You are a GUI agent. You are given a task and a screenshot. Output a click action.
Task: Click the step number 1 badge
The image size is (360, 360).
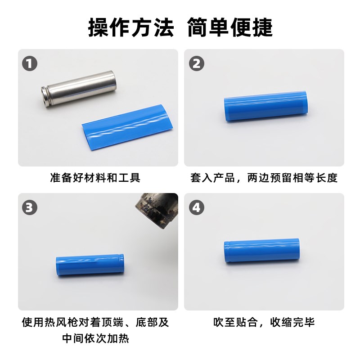(30, 64)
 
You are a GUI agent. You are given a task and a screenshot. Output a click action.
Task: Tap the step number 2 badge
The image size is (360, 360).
(196, 64)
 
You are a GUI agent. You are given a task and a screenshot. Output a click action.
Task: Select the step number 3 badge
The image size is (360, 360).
(30, 208)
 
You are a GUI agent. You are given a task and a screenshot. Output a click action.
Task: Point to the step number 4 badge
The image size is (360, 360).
(196, 208)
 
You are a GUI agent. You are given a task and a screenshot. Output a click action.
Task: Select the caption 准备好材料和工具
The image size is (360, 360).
(95, 178)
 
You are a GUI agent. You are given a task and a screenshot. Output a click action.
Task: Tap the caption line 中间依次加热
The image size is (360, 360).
(95, 337)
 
